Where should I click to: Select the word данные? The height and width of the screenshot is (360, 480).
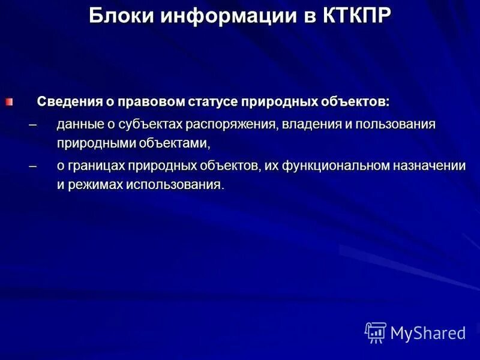(x=78, y=125)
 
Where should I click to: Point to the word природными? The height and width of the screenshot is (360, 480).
(x=91, y=144)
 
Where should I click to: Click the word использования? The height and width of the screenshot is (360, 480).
(x=173, y=184)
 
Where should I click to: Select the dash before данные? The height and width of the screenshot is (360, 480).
(x=32, y=125)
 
